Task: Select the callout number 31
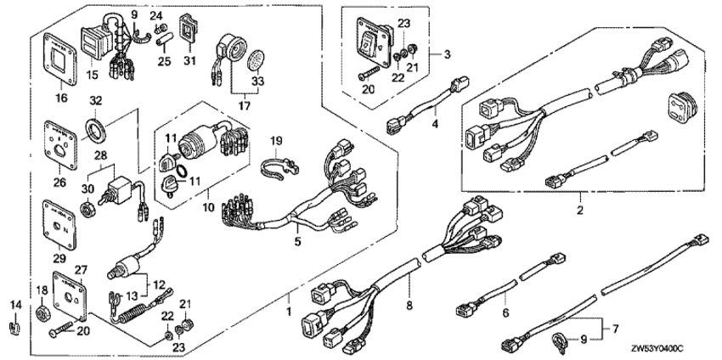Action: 189,60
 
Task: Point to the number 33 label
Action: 258,82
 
